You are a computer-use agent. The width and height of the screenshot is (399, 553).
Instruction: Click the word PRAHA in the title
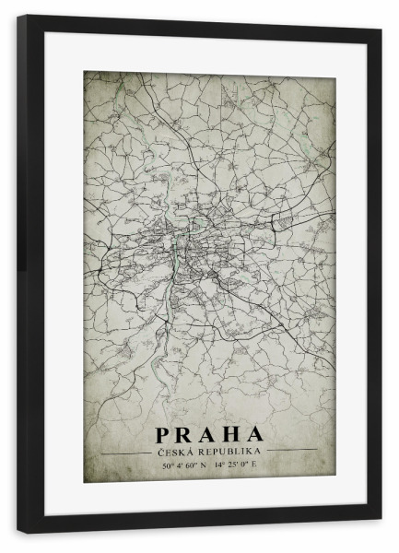click(x=209, y=434)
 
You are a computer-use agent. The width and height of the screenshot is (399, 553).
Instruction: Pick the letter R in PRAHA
click(x=187, y=434)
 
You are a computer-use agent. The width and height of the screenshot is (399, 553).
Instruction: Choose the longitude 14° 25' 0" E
click(x=236, y=465)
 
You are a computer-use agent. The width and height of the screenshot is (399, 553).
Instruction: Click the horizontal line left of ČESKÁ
click(x=125, y=450)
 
